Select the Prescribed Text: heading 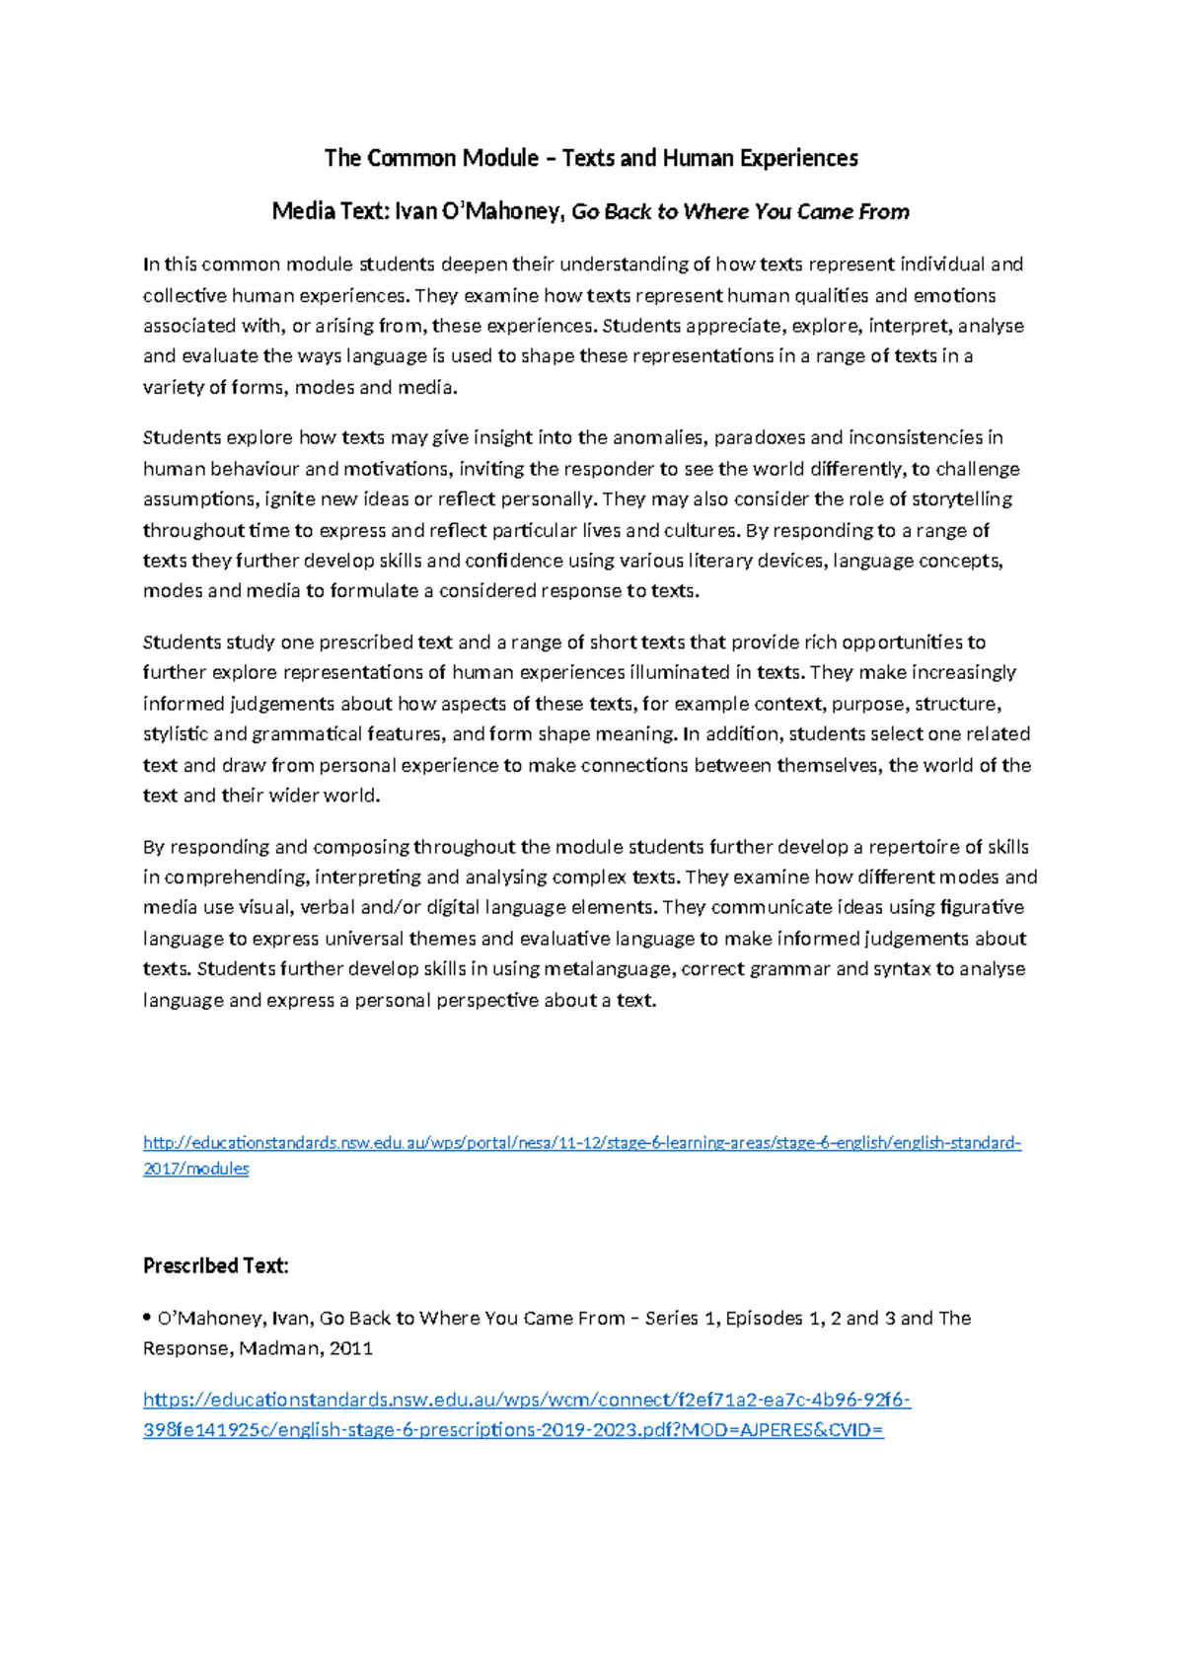coord(215,1265)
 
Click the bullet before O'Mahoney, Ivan coord(147,1318)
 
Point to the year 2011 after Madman coord(351,1348)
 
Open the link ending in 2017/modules coord(195,1169)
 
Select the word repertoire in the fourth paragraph coord(914,847)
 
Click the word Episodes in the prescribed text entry coord(764,1318)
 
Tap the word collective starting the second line coord(185,295)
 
